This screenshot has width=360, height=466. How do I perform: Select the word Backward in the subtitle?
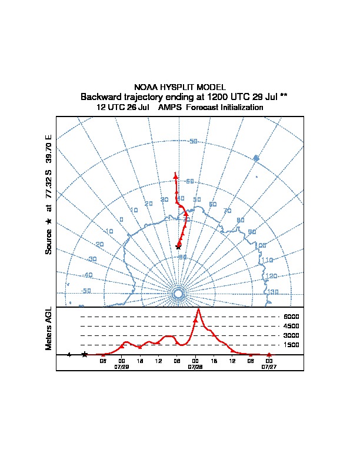click(101, 96)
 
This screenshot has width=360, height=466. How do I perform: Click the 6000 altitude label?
click(292, 317)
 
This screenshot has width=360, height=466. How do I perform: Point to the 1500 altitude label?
click(292, 345)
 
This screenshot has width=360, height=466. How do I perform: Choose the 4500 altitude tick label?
click(292, 326)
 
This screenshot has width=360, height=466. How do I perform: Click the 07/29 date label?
click(122, 366)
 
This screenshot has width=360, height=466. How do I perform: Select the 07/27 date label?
click(269, 366)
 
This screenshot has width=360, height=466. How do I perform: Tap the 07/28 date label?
click(195, 366)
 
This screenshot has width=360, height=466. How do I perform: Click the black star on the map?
click(178, 247)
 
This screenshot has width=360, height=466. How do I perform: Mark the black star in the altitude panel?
click(85, 354)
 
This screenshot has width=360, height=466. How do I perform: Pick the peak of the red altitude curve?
click(199, 309)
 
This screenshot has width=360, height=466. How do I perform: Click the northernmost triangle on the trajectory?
click(175, 175)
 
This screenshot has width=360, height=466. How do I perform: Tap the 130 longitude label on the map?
click(274, 292)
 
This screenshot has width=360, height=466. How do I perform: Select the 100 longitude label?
click(261, 245)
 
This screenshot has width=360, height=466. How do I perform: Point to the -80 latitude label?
click(183, 257)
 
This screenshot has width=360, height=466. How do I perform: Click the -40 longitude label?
click(88, 275)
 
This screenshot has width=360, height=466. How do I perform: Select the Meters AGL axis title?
click(49, 328)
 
